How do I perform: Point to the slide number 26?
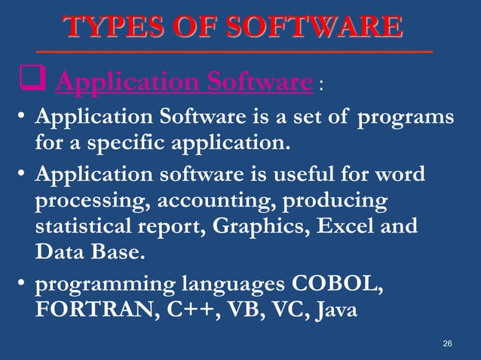[447, 343]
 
